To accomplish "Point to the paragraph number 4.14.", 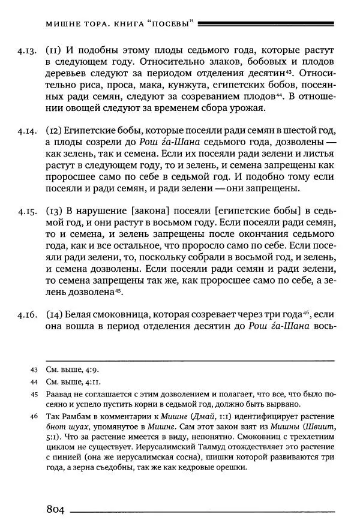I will click(x=28, y=130).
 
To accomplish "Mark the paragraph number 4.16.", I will click(x=28, y=314).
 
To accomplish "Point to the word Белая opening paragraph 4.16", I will click(x=80, y=314).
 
